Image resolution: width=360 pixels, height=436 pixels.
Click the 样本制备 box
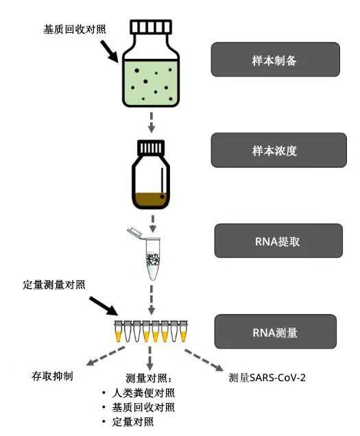pos(274,59)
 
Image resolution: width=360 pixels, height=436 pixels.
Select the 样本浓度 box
pos(274,150)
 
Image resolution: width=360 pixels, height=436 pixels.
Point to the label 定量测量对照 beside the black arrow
pos(55,283)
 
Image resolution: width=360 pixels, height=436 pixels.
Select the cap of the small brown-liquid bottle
pos(152,148)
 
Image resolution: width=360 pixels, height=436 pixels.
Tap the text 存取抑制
pos(52,376)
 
